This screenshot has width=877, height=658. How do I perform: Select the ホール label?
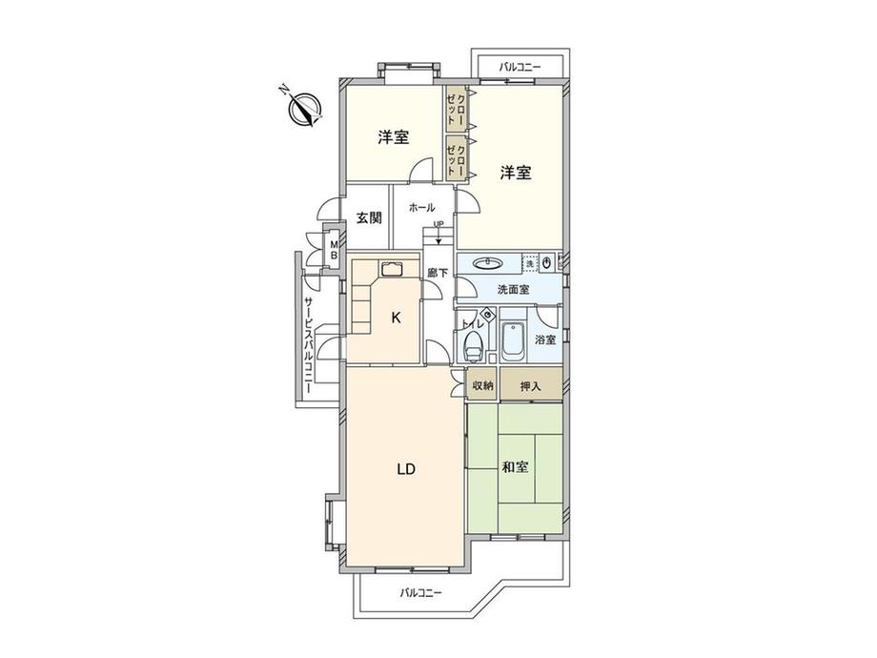tap(421, 207)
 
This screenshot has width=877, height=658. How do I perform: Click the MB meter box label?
tap(334, 250)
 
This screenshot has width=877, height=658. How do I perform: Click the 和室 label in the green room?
tap(515, 467)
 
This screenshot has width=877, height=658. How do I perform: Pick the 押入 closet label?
tap(531, 385)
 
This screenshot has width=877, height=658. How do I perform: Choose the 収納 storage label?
tap(482, 385)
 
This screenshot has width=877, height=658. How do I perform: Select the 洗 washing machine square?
tap(530, 262)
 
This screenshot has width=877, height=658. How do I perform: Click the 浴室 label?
tap(544, 339)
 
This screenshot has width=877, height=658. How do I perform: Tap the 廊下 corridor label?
tap(438, 273)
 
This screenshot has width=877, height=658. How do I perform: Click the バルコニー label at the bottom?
tap(420, 592)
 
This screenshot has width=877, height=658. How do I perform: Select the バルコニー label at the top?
tap(520, 67)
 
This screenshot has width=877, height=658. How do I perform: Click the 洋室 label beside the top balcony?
tap(516, 173)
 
